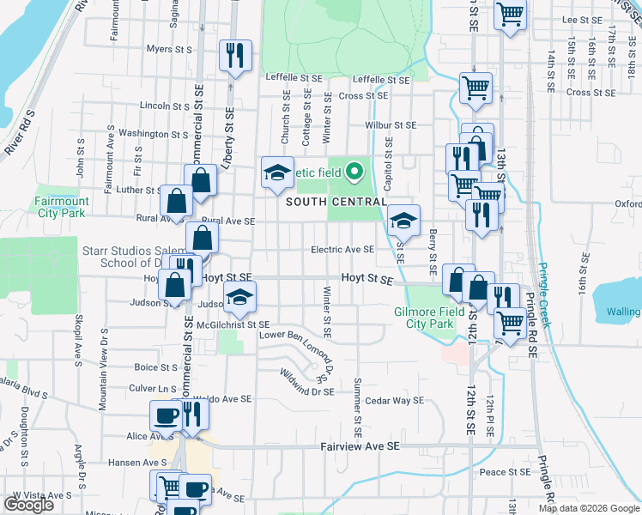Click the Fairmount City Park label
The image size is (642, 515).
pyautogui.click(x=60, y=206)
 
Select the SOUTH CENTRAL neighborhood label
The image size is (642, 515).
pyautogui.click(x=335, y=202)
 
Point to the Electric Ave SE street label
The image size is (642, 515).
pyautogui.click(x=342, y=250)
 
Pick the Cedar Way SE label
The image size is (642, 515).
pyautogui.click(x=395, y=400)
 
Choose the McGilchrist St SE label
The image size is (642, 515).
pyautogui.click(x=233, y=324)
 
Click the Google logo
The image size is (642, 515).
pyautogui.click(x=28, y=505)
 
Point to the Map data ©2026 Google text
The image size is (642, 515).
pyautogui.click(x=589, y=508)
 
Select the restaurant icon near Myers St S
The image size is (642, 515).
pyautogui.click(x=233, y=56)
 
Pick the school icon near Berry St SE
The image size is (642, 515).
pyautogui.click(x=403, y=221)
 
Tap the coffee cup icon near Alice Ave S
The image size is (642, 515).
pyautogui.click(x=166, y=415)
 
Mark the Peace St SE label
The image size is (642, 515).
pyautogui.click(x=506, y=472)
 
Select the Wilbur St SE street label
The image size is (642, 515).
pyautogui.click(x=391, y=124)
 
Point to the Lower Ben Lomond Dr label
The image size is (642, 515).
pyautogui.click(x=297, y=335)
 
